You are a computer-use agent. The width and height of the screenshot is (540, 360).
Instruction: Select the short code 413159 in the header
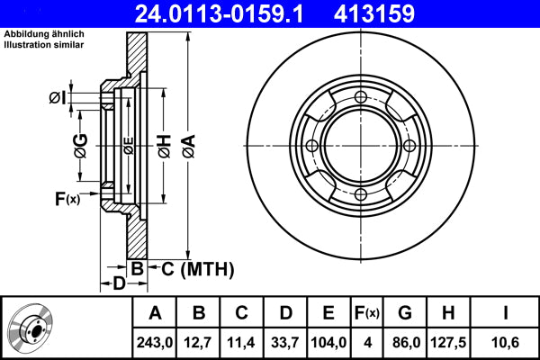pyautogui.click(x=401, y=14)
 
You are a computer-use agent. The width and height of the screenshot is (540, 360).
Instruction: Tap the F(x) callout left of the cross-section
pyautogui.click(x=67, y=199)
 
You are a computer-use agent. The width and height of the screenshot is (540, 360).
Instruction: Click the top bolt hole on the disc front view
pyautogui.click(x=361, y=97)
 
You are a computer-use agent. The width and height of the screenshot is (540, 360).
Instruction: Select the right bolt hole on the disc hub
pyautogui.click(x=409, y=146)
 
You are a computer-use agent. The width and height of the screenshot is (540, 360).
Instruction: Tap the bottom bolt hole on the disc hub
pyautogui.click(x=361, y=195)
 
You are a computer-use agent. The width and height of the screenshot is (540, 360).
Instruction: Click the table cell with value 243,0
pyautogui.click(x=155, y=341)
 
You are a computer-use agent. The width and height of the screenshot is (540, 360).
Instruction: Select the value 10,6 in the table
pyautogui.click(x=505, y=341)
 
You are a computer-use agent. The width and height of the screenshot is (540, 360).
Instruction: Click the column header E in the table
pyautogui.click(x=328, y=313)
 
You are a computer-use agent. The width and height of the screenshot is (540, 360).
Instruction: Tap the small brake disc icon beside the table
pyautogui.click(x=30, y=328)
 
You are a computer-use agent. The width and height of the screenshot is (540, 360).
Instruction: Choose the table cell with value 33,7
pyautogui.click(x=285, y=341)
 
